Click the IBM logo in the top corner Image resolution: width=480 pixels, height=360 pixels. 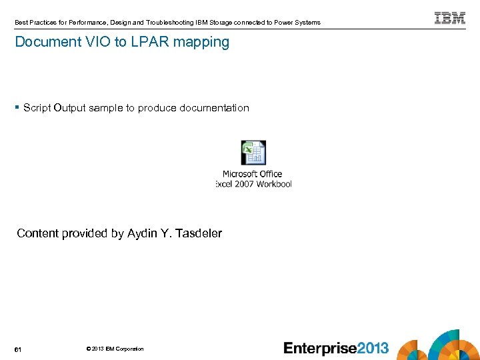(x=450, y=18)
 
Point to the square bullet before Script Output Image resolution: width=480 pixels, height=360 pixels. (x=17, y=107)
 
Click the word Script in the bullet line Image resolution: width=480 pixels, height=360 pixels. (x=37, y=108)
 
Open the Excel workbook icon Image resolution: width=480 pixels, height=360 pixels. (x=253, y=153)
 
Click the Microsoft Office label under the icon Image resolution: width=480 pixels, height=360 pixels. (x=253, y=174)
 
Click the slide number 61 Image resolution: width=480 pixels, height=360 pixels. (x=19, y=349)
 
